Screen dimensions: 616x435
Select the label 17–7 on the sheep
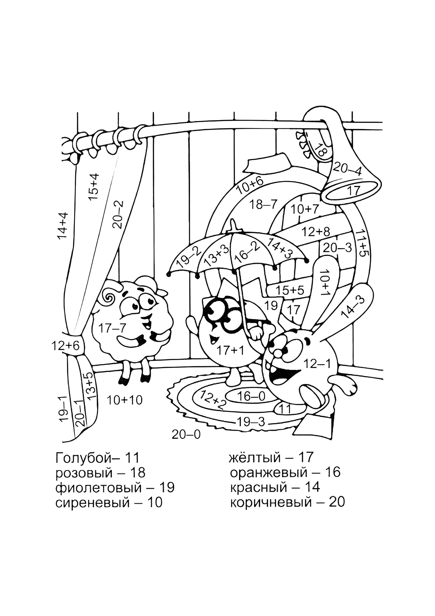(112, 328)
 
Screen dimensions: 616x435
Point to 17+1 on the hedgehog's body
(230, 350)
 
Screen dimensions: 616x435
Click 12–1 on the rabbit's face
(317, 364)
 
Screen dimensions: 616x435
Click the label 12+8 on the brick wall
(316, 232)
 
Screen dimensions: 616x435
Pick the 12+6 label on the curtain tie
(66, 346)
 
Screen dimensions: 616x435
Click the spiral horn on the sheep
(110, 297)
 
